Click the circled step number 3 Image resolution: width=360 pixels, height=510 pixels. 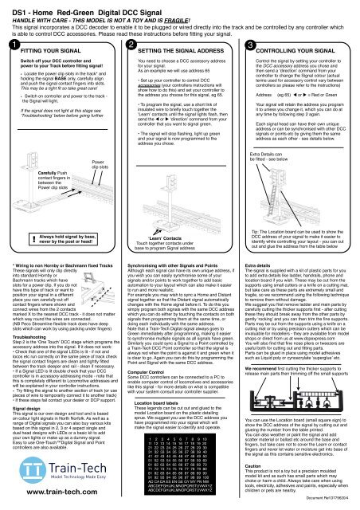(249, 46)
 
